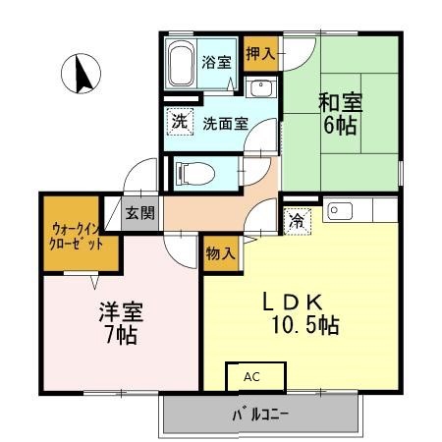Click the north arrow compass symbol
click(x=81, y=74)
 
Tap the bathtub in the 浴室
click(x=181, y=65)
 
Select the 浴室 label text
click(x=216, y=62)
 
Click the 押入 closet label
click(x=260, y=54)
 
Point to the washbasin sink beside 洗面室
click(x=261, y=87)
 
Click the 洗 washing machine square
click(x=180, y=122)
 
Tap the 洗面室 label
click(x=225, y=124)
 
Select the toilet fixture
click(x=195, y=173)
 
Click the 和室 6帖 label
click(x=340, y=114)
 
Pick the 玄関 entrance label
click(x=140, y=213)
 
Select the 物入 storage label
click(x=221, y=253)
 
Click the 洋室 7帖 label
click(x=121, y=323)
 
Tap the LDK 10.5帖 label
click(x=301, y=314)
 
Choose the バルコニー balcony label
click(x=260, y=415)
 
